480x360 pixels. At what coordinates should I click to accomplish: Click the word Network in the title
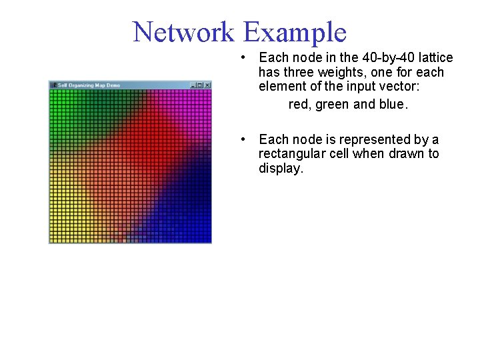[183, 32]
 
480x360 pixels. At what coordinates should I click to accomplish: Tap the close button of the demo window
[207, 85]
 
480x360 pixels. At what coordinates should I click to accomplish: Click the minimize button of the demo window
[193, 85]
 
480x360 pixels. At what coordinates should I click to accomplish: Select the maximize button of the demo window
[200, 85]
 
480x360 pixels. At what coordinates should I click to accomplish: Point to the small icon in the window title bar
[53, 85]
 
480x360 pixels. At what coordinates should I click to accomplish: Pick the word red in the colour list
[299, 105]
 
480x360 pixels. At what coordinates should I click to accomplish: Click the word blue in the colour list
[391, 105]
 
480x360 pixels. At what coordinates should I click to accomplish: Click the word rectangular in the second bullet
[289, 154]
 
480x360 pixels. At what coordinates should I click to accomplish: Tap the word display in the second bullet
[280, 169]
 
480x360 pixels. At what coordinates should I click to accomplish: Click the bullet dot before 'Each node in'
[246, 58]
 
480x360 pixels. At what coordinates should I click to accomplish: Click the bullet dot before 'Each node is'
[246, 139]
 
